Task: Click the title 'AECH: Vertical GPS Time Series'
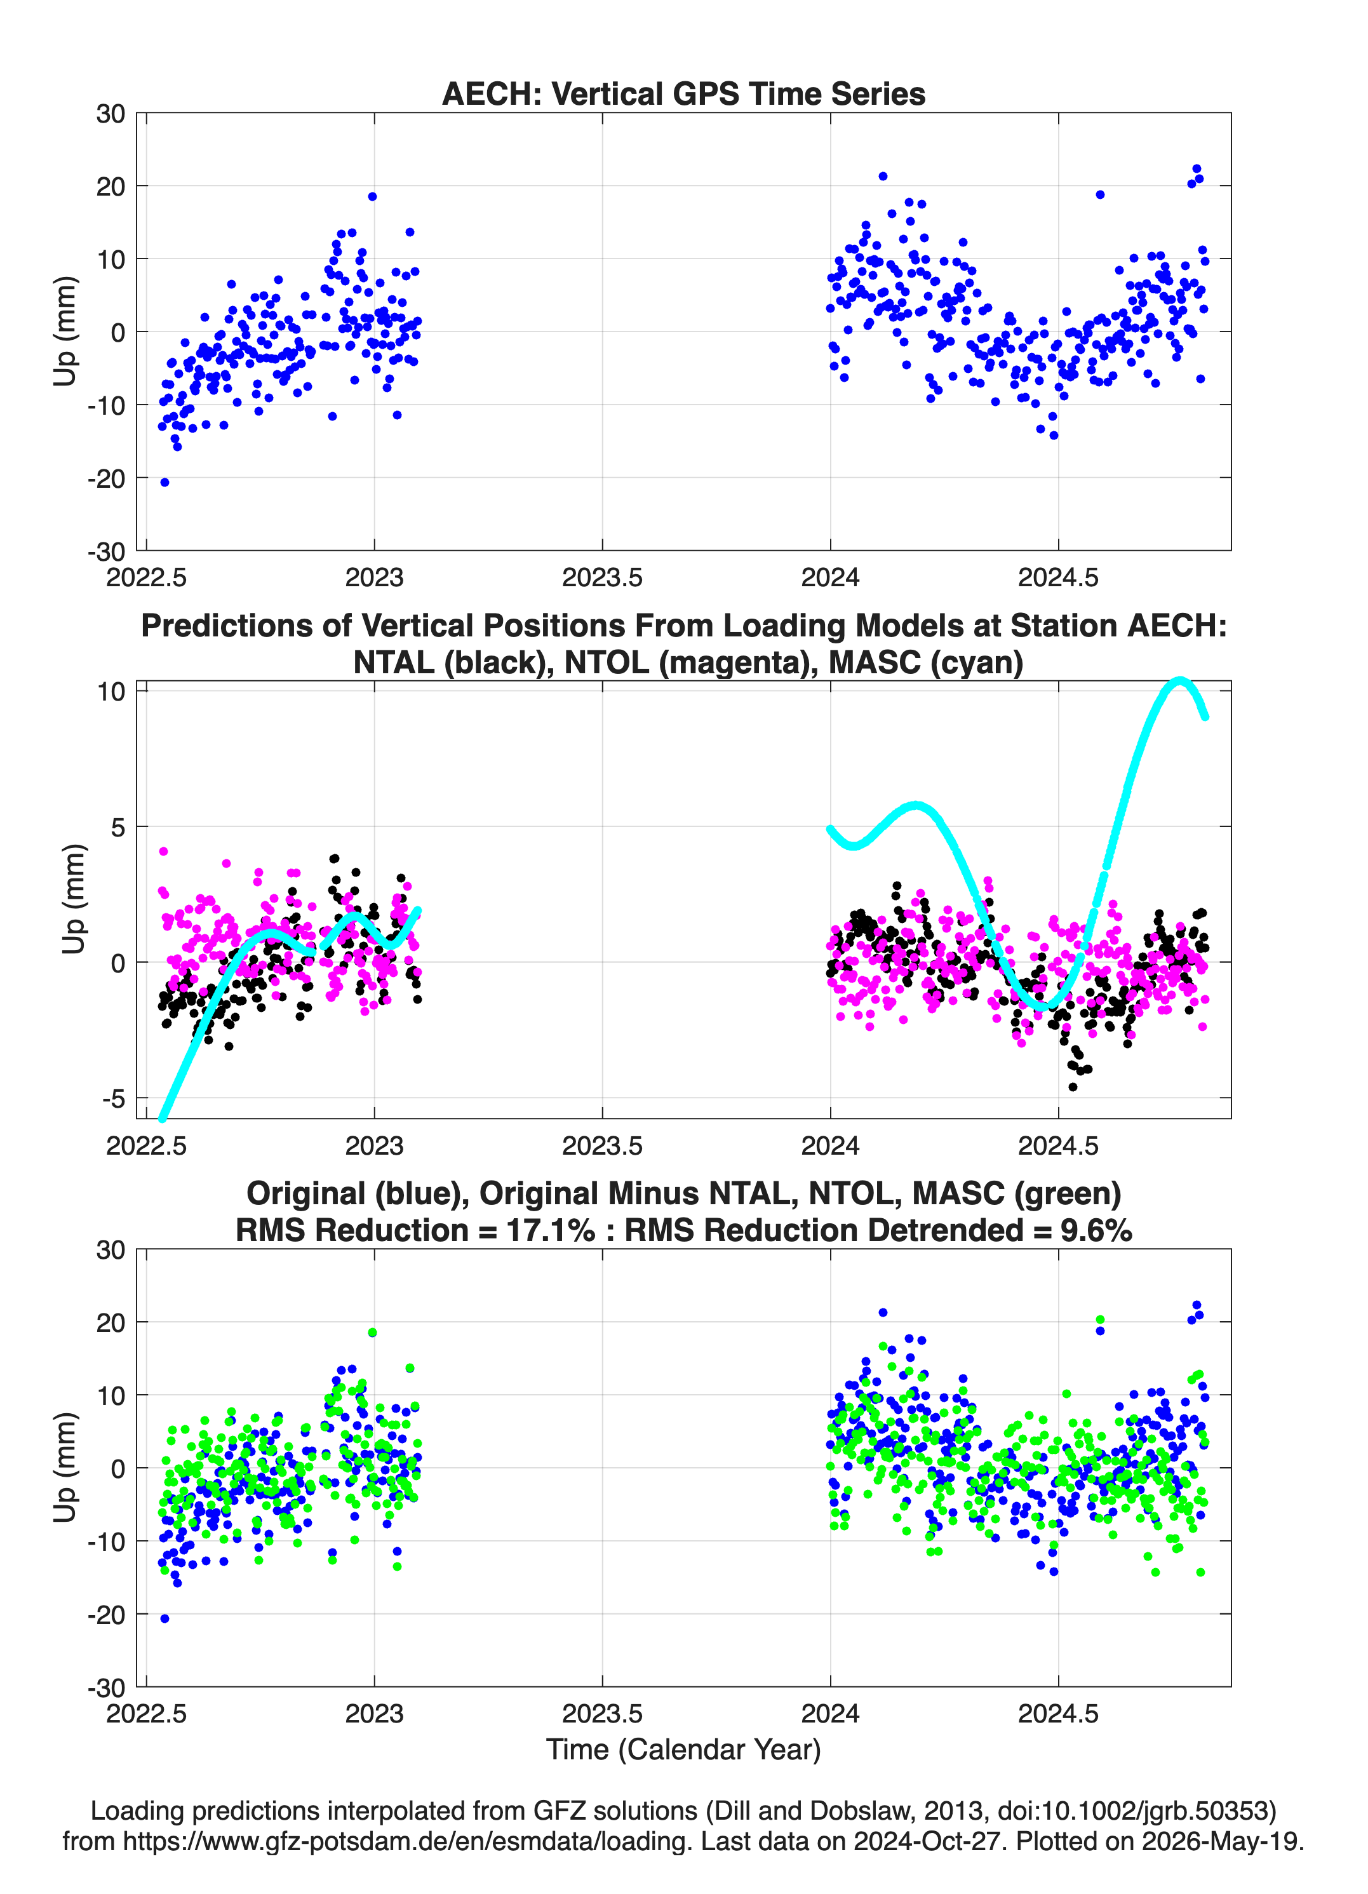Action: point(683,93)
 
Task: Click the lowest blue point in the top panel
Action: point(164,482)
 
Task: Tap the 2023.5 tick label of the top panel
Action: point(602,577)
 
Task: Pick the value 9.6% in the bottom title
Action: point(1097,1230)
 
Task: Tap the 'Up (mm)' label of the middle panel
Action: point(74,899)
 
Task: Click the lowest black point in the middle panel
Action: point(1073,1087)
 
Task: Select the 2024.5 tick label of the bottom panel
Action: point(1058,1714)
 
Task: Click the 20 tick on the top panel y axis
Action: point(111,186)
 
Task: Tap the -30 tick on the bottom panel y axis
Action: point(106,1688)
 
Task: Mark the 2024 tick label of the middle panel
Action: point(830,1145)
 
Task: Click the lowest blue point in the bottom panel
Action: point(164,1618)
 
